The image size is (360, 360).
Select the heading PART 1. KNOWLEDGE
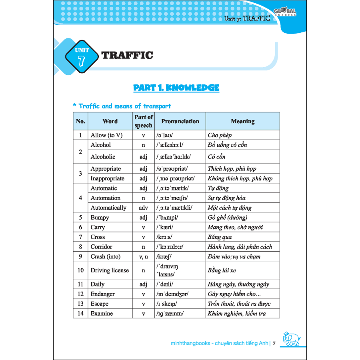click(176, 88)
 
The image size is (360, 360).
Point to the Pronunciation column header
click(180, 121)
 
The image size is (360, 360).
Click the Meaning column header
click(242, 121)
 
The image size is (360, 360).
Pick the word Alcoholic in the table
click(103, 157)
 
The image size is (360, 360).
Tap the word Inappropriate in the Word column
click(107, 178)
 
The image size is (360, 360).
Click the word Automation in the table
click(105, 198)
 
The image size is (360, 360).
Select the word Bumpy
click(100, 218)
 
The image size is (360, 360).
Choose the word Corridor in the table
click(101, 247)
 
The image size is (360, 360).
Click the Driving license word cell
click(110, 270)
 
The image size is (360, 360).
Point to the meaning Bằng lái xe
click(222, 270)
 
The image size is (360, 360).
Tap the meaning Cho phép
click(220, 135)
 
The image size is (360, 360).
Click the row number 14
click(80, 314)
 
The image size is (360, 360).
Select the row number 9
click(80, 256)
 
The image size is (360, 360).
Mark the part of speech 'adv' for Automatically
click(143, 208)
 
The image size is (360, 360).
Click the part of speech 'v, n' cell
click(143, 256)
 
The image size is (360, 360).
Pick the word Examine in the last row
click(102, 314)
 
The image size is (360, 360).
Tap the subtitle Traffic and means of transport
click(122, 106)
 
